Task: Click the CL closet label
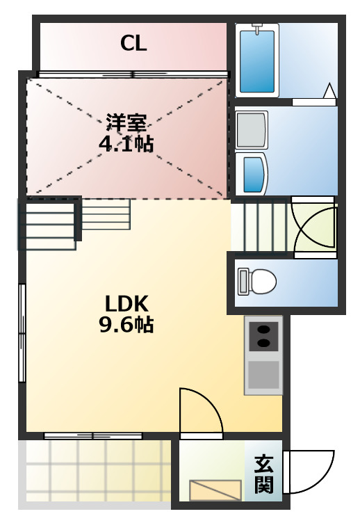point(133,45)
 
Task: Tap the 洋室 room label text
point(126,123)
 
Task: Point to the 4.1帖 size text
point(126,145)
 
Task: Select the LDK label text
point(126,303)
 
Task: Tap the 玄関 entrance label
point(263,474)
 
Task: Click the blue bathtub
point(257,63)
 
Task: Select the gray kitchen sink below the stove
point(263,375)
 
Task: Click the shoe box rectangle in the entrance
point(216,490)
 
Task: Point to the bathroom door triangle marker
point(329,90)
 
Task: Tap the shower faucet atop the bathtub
point(257,29)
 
